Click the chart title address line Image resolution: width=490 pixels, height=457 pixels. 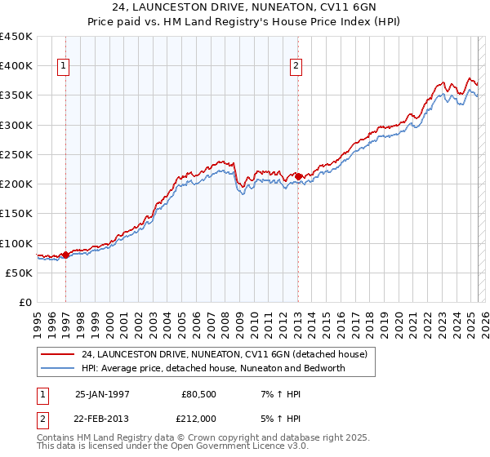[244, 8]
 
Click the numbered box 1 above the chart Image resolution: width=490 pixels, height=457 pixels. [64, 68]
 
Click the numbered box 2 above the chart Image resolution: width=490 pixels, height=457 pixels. [296, 68]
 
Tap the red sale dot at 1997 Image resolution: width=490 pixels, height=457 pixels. [66, 255]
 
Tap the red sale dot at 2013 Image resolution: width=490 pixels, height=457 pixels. [299, 176]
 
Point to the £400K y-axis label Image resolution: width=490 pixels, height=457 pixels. [16, 66]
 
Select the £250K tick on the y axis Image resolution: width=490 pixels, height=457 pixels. [16, 154]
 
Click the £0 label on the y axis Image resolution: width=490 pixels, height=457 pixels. [26, 302]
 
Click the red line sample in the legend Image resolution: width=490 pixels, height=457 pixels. [56, 354]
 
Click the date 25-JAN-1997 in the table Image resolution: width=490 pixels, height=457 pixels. [102, 395]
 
